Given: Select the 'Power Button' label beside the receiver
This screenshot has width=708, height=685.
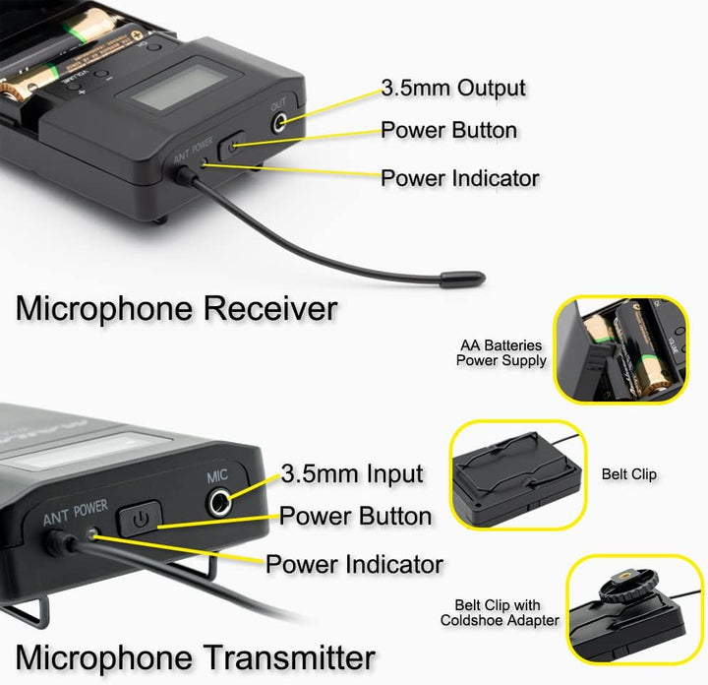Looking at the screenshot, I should [448, 130].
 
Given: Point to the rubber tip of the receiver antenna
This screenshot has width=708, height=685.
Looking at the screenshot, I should [461, 280].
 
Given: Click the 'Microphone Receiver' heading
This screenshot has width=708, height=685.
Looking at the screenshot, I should [176, 308].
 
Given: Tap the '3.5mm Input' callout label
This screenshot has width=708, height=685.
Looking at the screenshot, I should [352, 473].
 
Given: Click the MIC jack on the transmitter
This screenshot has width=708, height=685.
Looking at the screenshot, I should [221, 503].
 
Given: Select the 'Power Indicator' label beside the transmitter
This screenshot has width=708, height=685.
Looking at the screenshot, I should [354, 565].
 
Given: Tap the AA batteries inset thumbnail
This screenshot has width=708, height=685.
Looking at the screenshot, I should [619, 349].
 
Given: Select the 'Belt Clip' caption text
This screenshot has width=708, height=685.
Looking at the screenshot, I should [628, 474].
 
